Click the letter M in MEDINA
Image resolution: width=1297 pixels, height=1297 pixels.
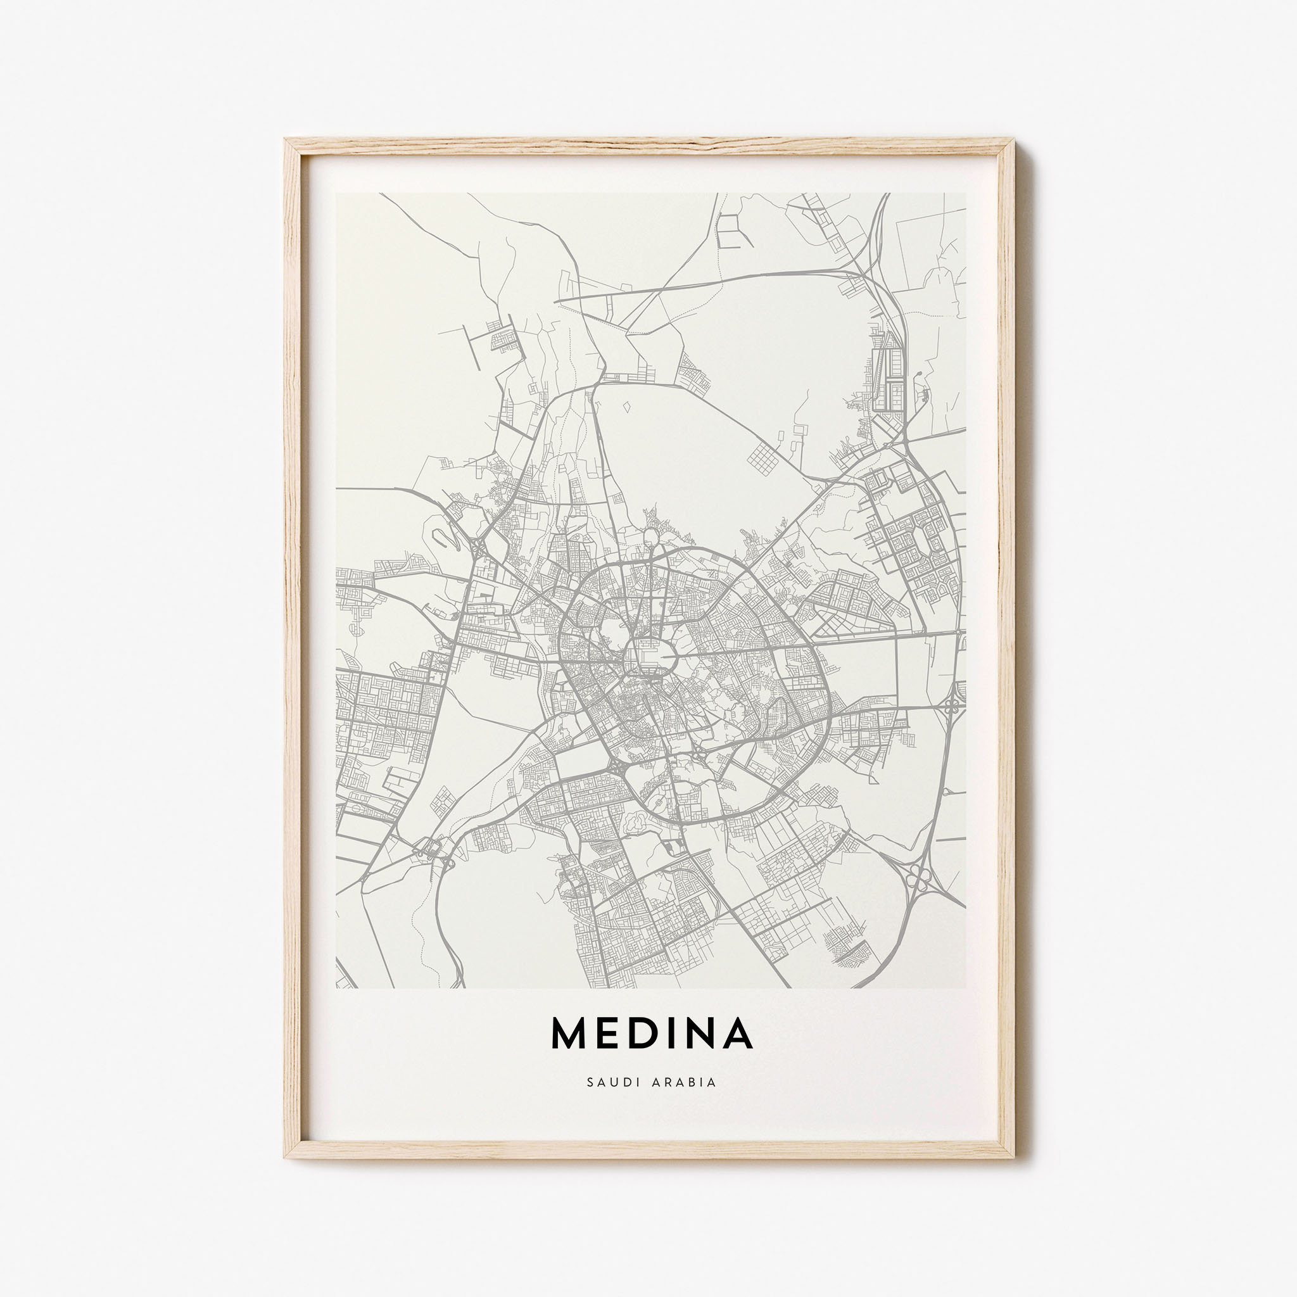coord(569,1052)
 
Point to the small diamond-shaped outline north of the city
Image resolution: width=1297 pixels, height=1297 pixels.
coord(627,407)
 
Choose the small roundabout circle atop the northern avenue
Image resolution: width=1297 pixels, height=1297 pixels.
coord(650,536)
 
